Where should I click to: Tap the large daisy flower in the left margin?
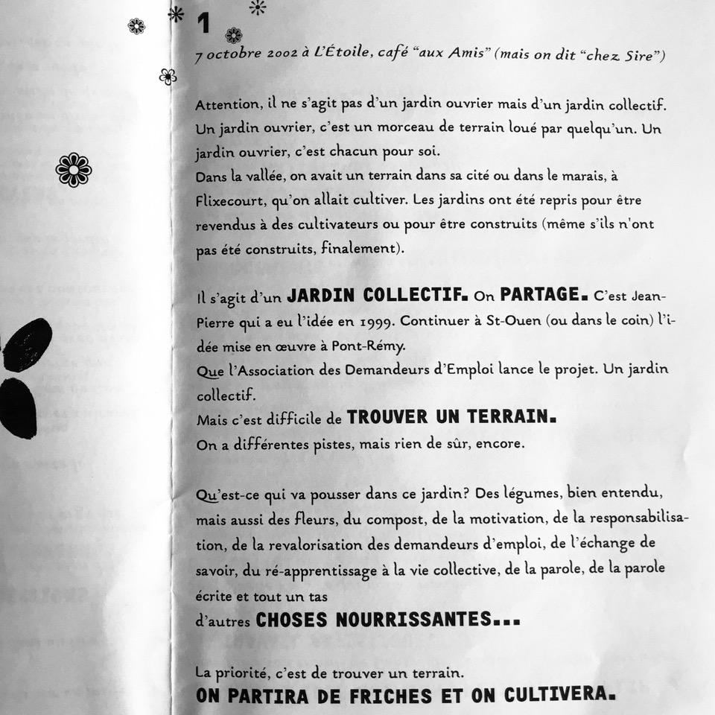(74, 170)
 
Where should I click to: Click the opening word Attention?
(225, 105)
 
